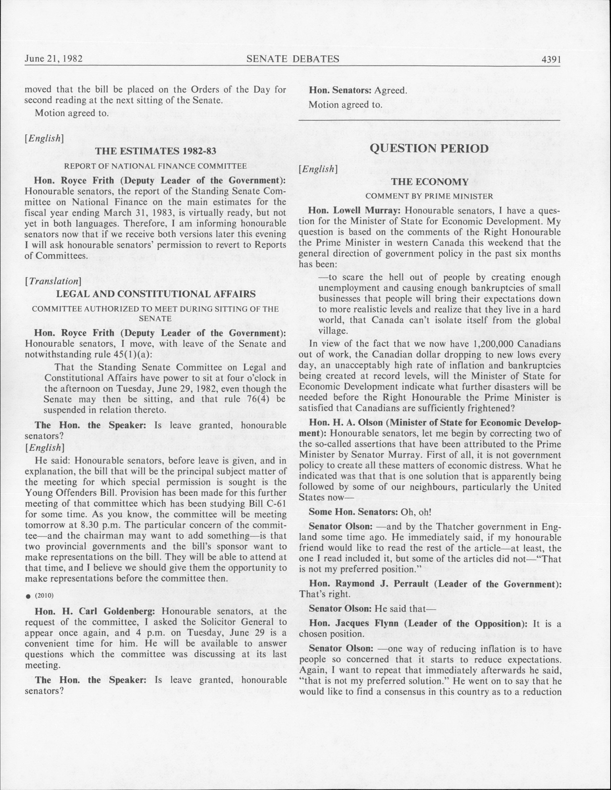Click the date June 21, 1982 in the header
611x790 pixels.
coord(54,59)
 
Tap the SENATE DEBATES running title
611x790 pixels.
coord(293,59)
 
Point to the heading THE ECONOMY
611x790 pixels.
coord(430,182)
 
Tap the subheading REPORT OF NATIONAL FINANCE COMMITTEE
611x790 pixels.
coord(156,166)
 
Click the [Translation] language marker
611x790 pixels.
coord(52,281)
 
